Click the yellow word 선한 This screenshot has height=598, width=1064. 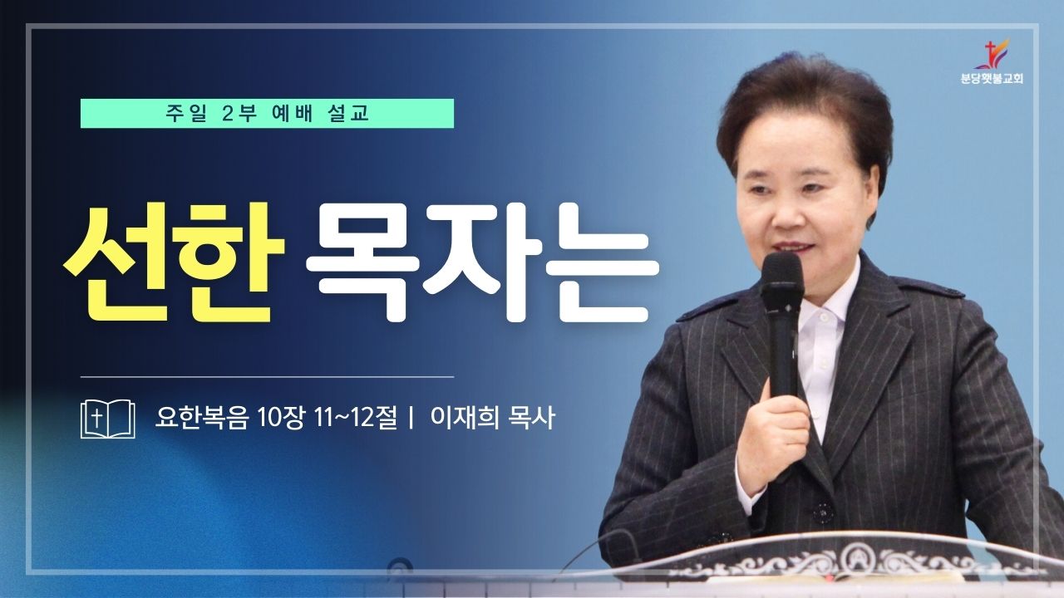(x=175, y=262)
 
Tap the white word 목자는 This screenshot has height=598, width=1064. (x=481, y=262)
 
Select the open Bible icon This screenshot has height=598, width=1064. (x=108, y=419)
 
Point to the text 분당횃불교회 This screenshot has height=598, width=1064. (x=992, y=79)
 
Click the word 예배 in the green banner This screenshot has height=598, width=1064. (x=293, y=114)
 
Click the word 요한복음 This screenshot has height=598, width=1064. (x=202, y=418)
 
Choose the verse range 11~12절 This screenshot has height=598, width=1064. (x=355, y=418)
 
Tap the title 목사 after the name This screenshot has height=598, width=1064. (x=531, y=418)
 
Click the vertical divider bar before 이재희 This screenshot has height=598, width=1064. (x=411, y=419)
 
